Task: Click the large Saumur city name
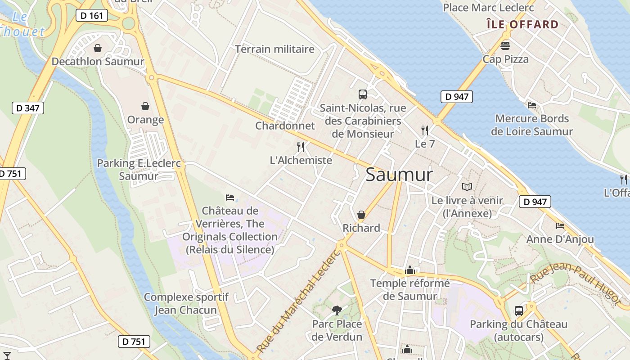(399, 175)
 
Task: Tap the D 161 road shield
(92, 15)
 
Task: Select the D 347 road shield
(27, 108)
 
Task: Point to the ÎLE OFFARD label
(522, 24)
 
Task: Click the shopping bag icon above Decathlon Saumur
(98, 48)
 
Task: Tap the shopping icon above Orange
(145, 106)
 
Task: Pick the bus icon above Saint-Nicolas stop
(363, 94)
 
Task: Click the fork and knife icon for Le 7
(424, 130)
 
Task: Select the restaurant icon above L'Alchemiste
(301, 147)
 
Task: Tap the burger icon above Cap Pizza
(505, 45)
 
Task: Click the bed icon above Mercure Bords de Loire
(532, 105)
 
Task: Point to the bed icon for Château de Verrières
(230, 197)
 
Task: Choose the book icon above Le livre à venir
(467, 187)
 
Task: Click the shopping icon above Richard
(361, 215)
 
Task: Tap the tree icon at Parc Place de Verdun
(337, 310)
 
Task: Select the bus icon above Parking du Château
(518, 310)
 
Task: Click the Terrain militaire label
(274, 49)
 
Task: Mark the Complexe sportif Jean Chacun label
(186, 303)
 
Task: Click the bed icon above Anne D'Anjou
(560, 225)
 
